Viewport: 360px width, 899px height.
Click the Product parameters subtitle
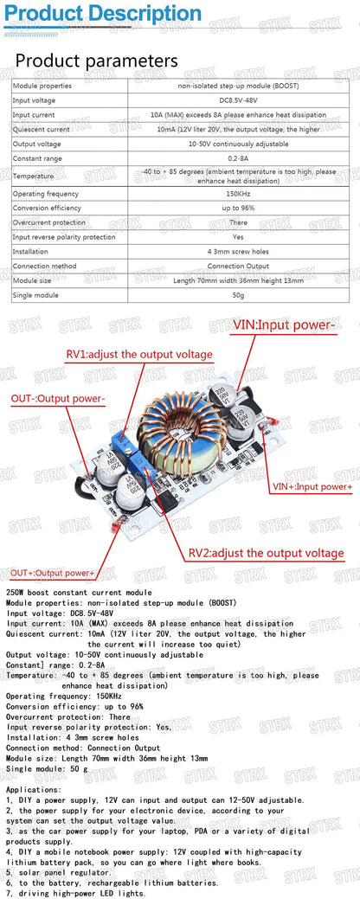(97, 61)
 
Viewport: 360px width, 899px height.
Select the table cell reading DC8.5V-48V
(240, 100)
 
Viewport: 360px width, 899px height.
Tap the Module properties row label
(42, 87)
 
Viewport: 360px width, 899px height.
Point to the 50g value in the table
(240, 295)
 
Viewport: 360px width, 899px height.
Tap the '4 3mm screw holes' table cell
(240, 251)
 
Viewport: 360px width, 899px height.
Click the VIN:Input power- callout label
(284, 325)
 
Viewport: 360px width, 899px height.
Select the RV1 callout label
(138, 355)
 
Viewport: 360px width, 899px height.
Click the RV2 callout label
(266, 553)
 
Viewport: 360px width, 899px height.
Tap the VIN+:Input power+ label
(312, 487)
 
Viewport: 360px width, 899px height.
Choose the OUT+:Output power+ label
(53, 573)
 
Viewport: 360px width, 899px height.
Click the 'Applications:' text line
(34, 790)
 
